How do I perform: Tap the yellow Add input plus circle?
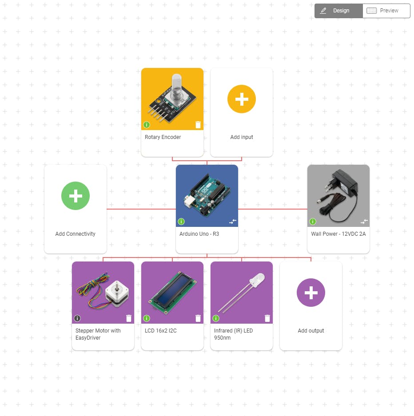point(242,99)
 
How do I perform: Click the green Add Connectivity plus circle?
point(76,196)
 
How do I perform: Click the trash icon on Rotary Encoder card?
point(198,125)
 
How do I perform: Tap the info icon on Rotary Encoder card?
point(147,125)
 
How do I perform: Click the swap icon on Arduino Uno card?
point(233,221)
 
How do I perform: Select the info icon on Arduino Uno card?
point(181,222)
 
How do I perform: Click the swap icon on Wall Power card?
point(364,221)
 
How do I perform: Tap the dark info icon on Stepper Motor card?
point(77,318)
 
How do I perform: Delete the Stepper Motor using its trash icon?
point(129,318)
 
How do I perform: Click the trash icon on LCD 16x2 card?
point(198,318)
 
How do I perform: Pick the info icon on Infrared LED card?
point(216,318)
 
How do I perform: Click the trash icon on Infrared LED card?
point(267,318)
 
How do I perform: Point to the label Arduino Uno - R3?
point(199,234)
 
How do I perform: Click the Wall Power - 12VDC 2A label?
point(338,234)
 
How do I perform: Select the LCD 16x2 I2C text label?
point(161,331)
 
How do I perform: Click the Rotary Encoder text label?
point(163,137)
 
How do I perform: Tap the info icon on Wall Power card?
point(313,222)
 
